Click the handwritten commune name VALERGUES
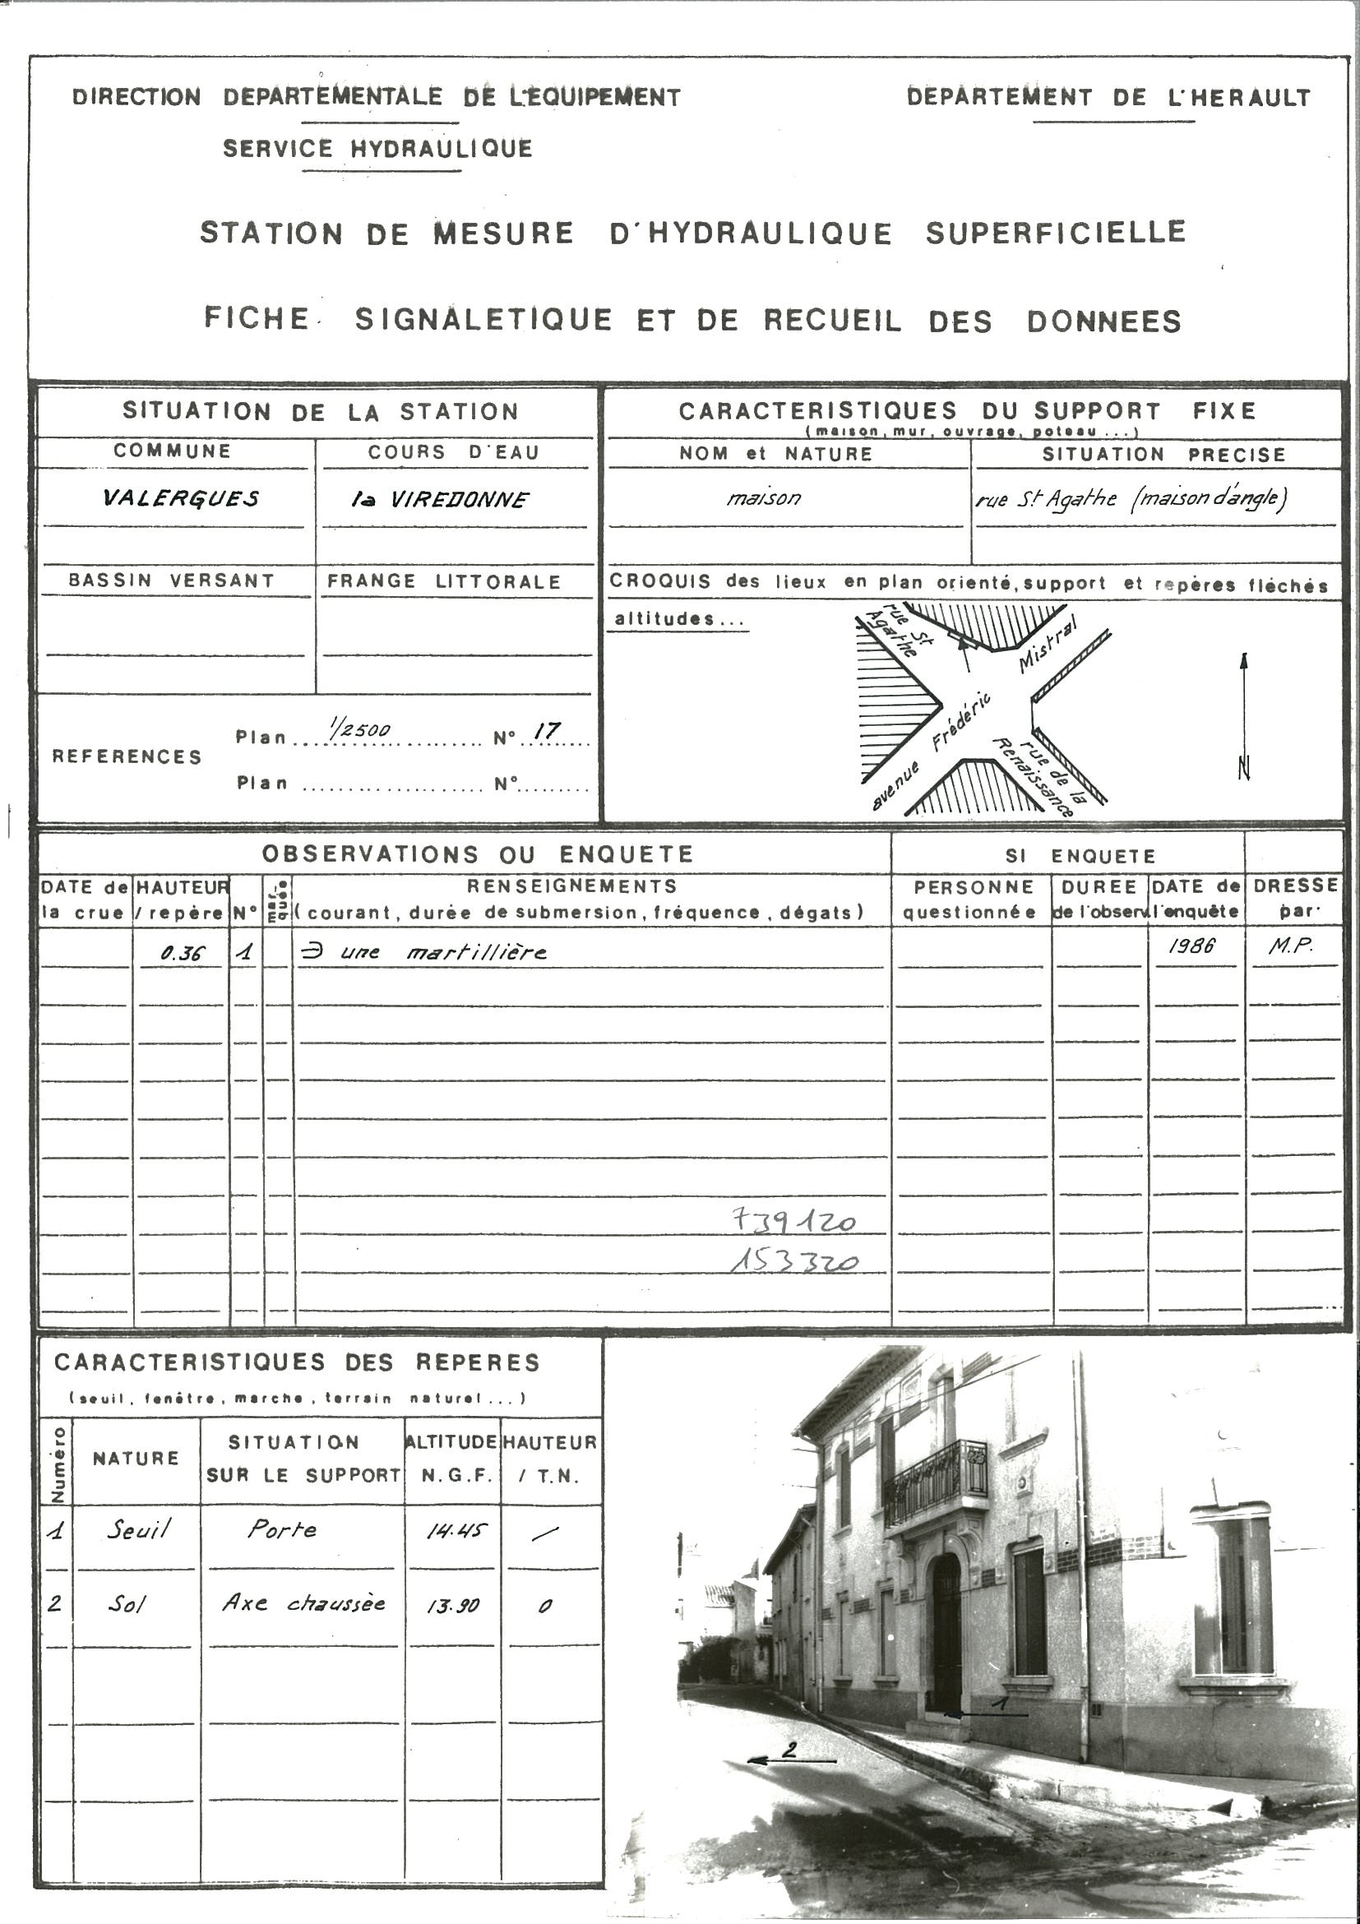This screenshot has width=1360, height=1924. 180,498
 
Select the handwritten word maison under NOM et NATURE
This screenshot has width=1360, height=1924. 763,498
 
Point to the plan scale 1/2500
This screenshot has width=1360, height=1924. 359,729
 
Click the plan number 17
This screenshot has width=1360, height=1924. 546,731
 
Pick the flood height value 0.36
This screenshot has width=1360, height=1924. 182,954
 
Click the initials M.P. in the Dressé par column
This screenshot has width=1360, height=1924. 1290,947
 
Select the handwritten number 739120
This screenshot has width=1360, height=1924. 793,1221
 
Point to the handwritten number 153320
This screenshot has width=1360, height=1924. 793,1261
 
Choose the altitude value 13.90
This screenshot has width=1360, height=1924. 452,1606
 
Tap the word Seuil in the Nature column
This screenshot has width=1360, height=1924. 138,1530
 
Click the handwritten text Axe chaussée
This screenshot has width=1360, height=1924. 303,1604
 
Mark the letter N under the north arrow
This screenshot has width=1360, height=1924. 1244,769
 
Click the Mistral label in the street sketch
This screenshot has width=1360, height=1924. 1048,644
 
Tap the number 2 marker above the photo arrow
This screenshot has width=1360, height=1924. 789,1750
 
